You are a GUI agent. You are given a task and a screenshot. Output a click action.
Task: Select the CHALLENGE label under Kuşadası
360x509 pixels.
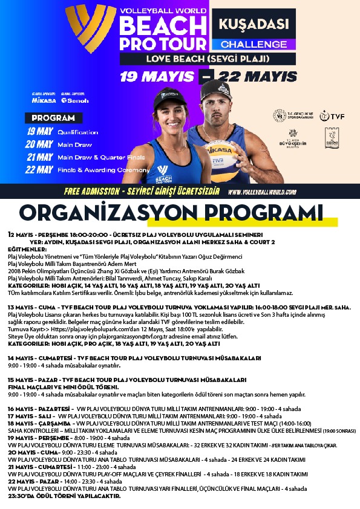[253, 44]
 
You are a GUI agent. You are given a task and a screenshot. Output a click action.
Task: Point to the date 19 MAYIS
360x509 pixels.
[158, 77]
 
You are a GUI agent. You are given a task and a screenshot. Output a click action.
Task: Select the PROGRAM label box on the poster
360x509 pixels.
[53, 118]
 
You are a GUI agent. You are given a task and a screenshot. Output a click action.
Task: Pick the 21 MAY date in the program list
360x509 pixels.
[39, 157]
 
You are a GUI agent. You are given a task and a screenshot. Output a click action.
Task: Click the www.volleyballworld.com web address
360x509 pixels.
[261, 192]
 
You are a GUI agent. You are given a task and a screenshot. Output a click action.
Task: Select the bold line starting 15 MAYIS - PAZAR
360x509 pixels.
[127, 380]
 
